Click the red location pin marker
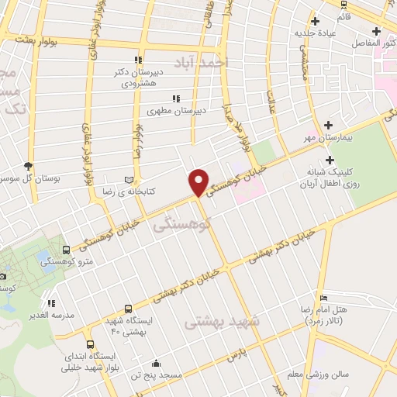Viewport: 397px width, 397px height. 199,181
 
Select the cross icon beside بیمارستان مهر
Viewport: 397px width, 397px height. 329,124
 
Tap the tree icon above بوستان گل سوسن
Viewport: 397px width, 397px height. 29,166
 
